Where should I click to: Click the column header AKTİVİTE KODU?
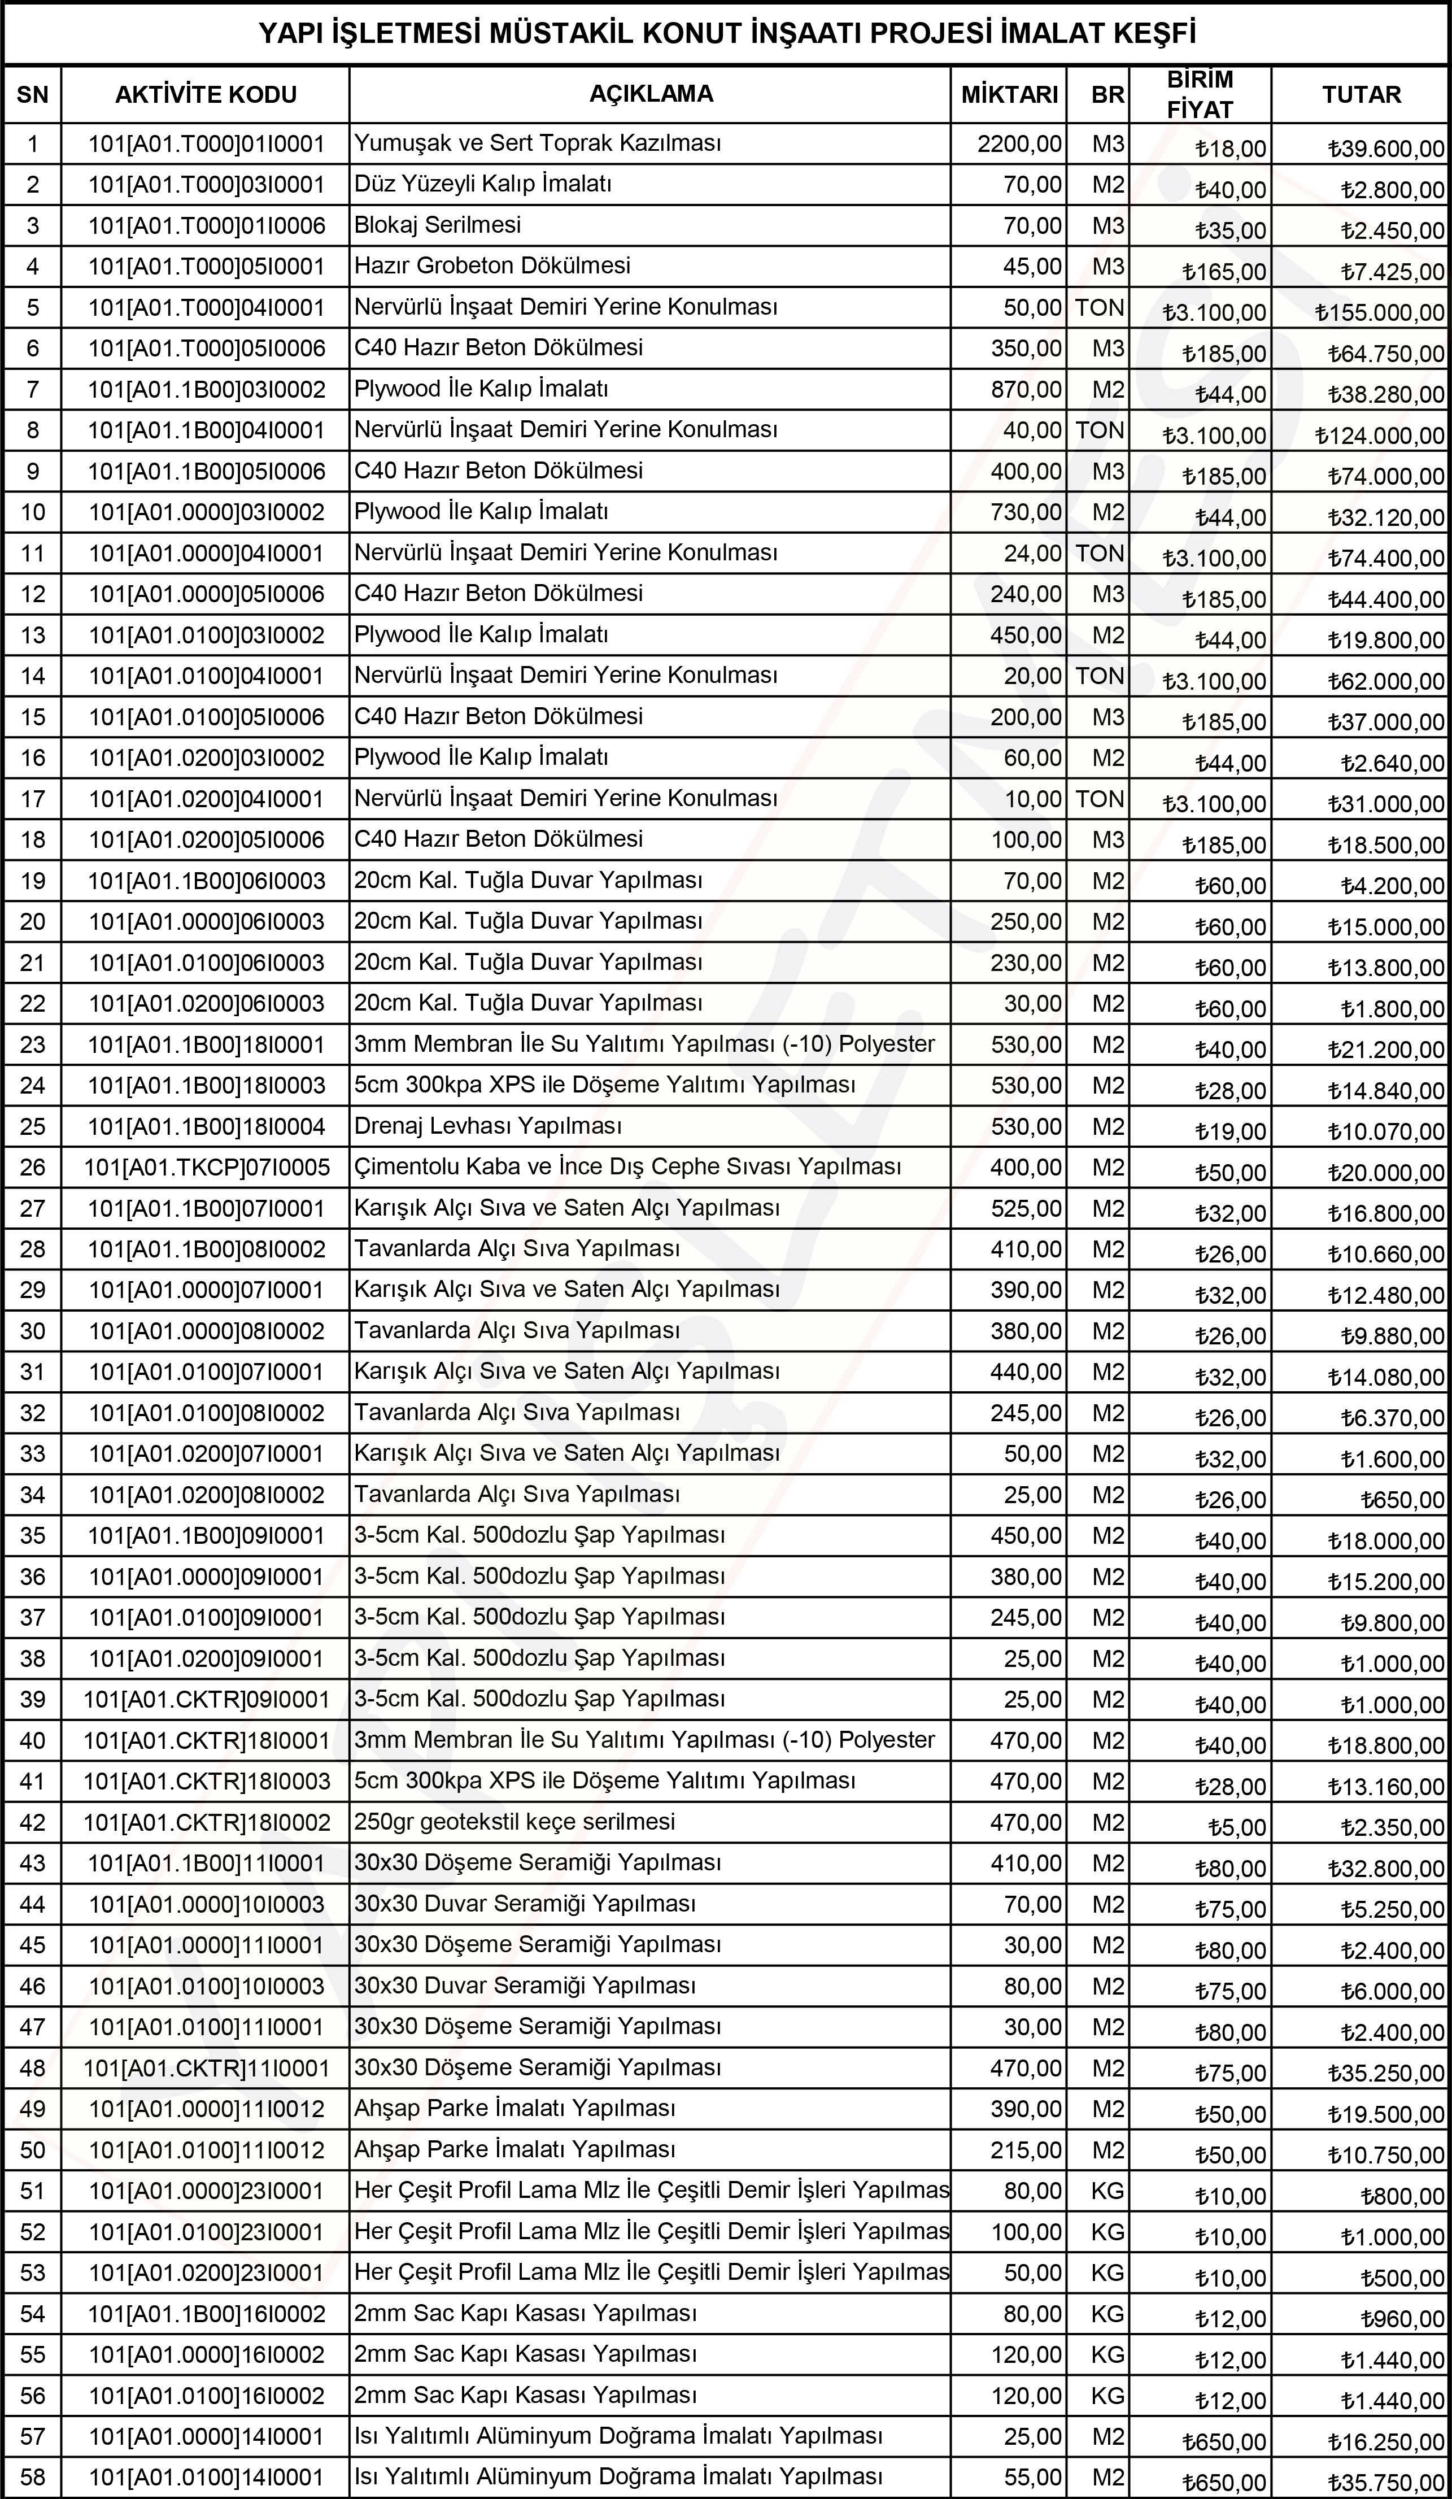[206, 95]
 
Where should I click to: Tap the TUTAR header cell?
[1361, 95]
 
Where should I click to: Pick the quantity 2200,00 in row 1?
[1019, 144]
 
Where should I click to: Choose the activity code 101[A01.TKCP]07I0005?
[206, 1167]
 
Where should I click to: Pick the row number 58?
[33, 2477]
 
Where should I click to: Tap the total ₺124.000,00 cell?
[1380, 436]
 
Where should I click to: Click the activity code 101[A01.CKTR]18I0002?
[206, 1823]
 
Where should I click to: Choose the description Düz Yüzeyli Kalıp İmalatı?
[483, 185]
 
